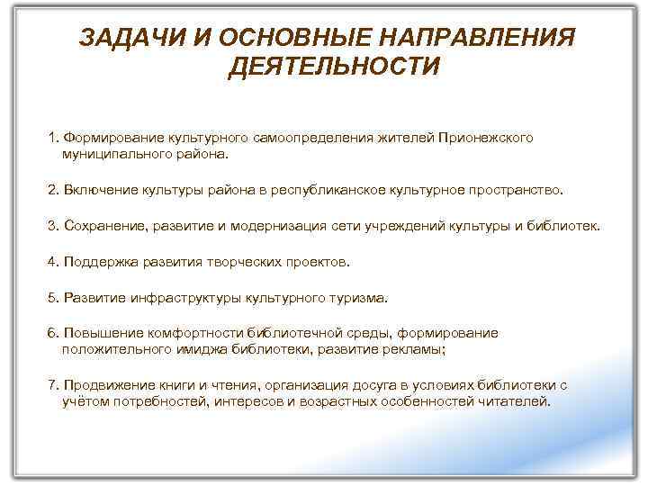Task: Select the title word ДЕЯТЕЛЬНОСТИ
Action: point(334,67)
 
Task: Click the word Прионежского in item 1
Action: point(486,138)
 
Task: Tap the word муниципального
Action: point(108,154)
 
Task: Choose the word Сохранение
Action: point(98,225)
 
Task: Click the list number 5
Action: point(53,297)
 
